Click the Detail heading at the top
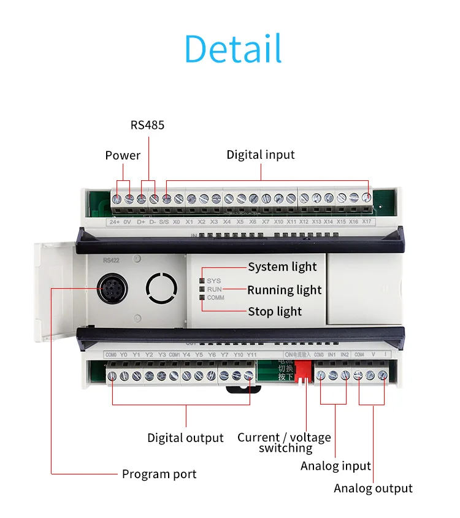click(x=233, y=49)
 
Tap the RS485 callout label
click(x=147, y=125)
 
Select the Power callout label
click(x=123, y=155)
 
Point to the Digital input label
click(x=261, y=154)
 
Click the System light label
click(x=282, y=267)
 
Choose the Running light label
click(x=284, y=290)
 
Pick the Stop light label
click(x=275, y=311)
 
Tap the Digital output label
click(x=185, y=438)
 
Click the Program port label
click(x=159, y=474)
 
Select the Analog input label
click(x=335, y=466)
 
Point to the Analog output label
click(x=373, y=488)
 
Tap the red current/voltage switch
click(x=304, y=371)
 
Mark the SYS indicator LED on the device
click(x=201, y=280)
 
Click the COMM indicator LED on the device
click(x=201, y=297)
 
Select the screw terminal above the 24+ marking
click(x=117, y=199)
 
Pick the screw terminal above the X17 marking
click(x=366, y=198)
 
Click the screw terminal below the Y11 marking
click(x=249, y=375)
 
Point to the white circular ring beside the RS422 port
click(x=161, y=286)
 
